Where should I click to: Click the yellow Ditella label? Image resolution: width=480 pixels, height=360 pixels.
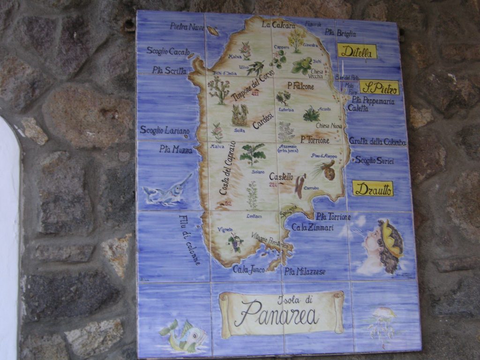tap(357, 51)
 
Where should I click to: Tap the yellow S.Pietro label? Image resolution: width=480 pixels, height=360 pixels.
tap(379, 87)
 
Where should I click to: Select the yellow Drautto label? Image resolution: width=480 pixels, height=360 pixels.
tap(373, 188)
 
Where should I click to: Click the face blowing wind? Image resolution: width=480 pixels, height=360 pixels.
tap(382, 246)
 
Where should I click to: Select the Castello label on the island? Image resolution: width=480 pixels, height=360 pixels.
tap(281, 177)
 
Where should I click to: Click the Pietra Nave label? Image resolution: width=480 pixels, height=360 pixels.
tap(187, 27)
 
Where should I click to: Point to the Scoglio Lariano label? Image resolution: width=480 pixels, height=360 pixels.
tap(165, 130)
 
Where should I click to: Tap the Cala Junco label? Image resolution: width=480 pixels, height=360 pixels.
tap(248, 269)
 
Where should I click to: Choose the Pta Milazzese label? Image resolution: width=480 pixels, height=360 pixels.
tap(305, 271)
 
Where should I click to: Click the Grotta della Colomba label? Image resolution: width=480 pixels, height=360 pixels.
tap(377, 141)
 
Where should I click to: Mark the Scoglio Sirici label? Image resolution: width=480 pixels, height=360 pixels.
tap(374, 160)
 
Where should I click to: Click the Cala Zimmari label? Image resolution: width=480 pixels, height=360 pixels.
tap(312, 227)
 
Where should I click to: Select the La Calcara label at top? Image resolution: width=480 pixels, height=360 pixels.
tap(278, 24)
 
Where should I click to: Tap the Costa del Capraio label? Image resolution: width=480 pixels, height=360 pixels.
tap(227, 168)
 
